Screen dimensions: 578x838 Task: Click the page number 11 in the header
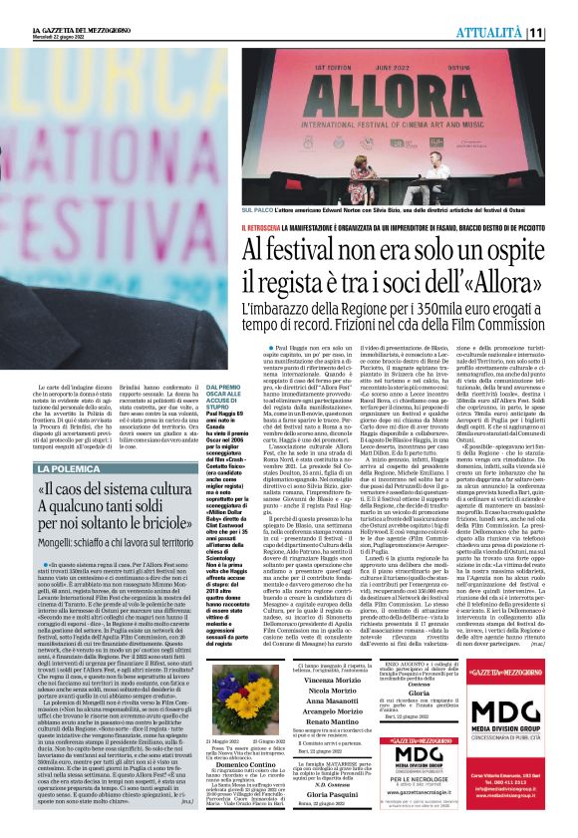pyautogui.click(x=564, y=33)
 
